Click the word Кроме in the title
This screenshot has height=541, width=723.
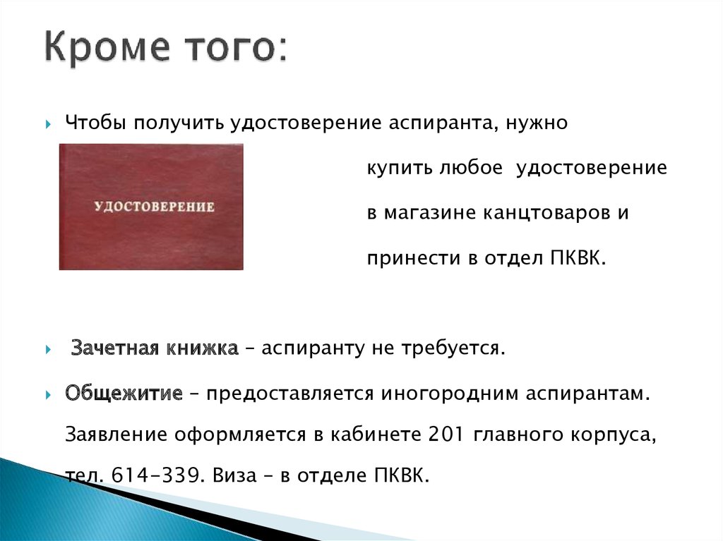click(x=107, y=47)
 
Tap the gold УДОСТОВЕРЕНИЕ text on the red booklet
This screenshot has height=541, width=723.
click(x=155, y=207)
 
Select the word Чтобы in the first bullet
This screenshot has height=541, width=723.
click(x=96, y=123)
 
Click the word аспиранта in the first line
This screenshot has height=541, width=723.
click(x=443, y=123)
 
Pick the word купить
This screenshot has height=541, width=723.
click(x=400, y=168)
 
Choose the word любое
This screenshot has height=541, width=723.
click(x=470, y=167)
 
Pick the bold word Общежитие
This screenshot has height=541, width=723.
click(x=124, y=393)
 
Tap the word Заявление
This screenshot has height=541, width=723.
click(x=116, y=434)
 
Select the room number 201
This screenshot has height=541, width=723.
click(x=446, y=434)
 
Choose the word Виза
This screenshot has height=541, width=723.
click(x=234, y=475)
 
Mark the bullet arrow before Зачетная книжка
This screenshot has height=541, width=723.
click(x=49, y=350)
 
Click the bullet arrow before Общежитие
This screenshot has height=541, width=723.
click(x=49, y=395)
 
